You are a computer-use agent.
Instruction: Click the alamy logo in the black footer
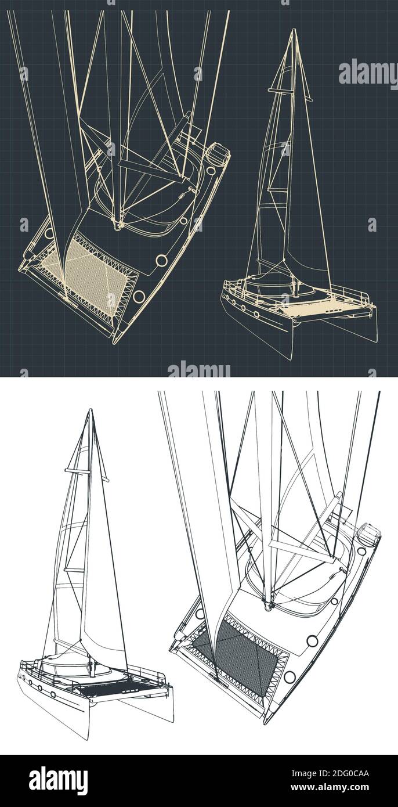point(58,781)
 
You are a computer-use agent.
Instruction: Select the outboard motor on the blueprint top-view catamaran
point(219,156)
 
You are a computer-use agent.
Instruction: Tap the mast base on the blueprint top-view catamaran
point(118,224)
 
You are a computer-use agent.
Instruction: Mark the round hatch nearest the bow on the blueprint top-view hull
point(139,297)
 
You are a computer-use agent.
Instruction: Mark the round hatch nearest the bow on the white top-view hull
point(289,677)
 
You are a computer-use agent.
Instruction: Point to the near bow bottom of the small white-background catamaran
point(88,737)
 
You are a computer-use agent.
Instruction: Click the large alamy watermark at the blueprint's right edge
point(367,73)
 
